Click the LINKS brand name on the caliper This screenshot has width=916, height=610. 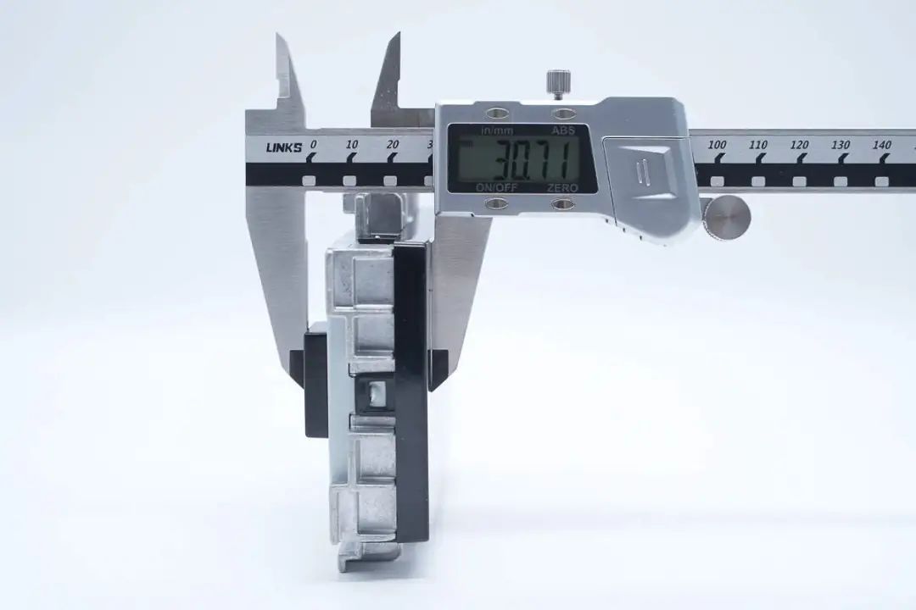(x=284, y=147)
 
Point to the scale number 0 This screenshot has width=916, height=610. (x=314, y=143)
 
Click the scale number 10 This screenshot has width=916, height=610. (x=352, y=144)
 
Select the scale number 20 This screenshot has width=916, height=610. (x=393, y=144)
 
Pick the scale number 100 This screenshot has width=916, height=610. (x=717, y=145)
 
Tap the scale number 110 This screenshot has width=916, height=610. (x=757, y=145)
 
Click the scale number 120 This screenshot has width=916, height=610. (x=799, y=145)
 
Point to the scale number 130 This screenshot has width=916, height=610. (x=840, y=145)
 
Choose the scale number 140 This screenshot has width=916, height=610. (x=881, y=145)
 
